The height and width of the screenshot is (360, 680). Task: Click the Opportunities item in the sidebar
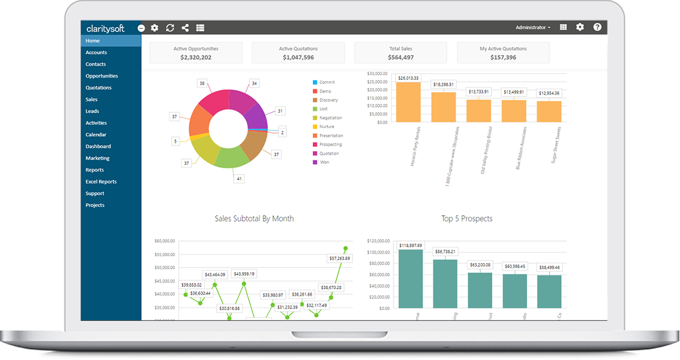(x=102, y=76)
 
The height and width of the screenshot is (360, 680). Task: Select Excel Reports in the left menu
(x=101, y=182)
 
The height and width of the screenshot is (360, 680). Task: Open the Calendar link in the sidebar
(x=96, y=135)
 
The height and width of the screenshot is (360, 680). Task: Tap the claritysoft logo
(x=105, y=28)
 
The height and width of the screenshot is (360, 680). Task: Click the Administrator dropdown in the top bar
(x=533, y=27)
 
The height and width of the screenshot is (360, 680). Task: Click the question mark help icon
(x=597, y=27)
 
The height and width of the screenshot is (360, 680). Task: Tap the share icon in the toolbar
(x=185, y=28)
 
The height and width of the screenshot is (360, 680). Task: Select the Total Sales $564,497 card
(x=401, y=53)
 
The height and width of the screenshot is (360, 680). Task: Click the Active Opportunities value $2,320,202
(x=196, y=57)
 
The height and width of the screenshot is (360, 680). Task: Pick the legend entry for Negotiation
(x=331, y=118)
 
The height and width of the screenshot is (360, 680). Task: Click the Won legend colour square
(x=314, y=162)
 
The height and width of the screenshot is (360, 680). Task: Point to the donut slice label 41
(x=239, y=178)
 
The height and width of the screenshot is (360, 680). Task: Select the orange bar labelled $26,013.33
(x=408, y=102)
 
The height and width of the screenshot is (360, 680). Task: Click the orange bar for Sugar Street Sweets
(x=549, y=112)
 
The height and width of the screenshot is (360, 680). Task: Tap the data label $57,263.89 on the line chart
(x=339, y=259)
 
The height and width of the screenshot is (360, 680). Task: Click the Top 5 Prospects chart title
(x=467, y=218)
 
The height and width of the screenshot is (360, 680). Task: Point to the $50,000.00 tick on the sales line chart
(x=165, y=268)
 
